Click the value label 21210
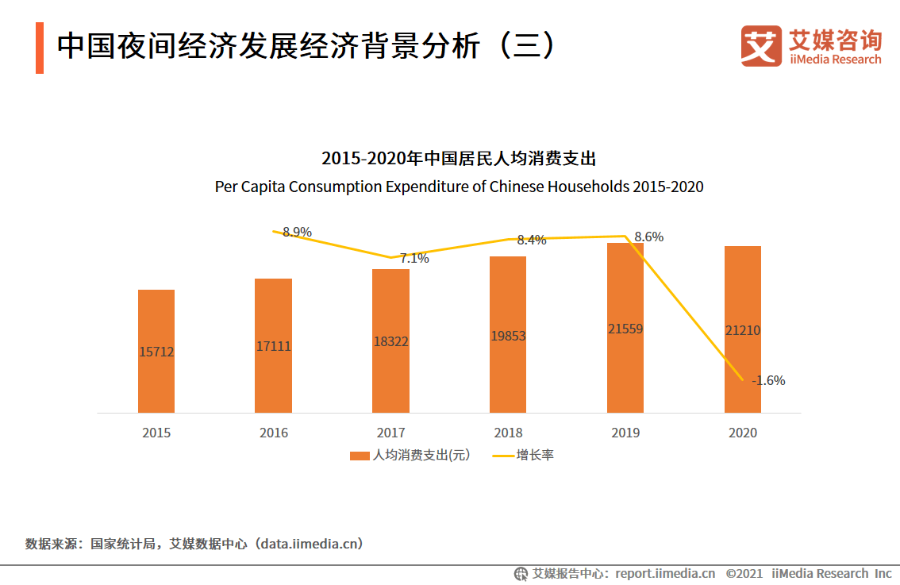click(742, 330)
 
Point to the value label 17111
click(273, 347)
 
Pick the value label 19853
click(508, 336)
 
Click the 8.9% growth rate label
click(297, 232)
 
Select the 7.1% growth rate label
click(414, 258)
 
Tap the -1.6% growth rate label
click(768, 380)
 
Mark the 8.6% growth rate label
click(648, 237)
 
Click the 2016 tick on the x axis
click(273, 433)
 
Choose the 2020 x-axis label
click(742, 433)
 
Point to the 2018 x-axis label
click(508, 433)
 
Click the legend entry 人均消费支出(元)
click(410, 456)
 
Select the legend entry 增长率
click(524, 456)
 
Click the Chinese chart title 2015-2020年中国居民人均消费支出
click(458, 158)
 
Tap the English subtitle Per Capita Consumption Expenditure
click(459, 187)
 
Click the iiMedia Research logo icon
click(761, 46)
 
